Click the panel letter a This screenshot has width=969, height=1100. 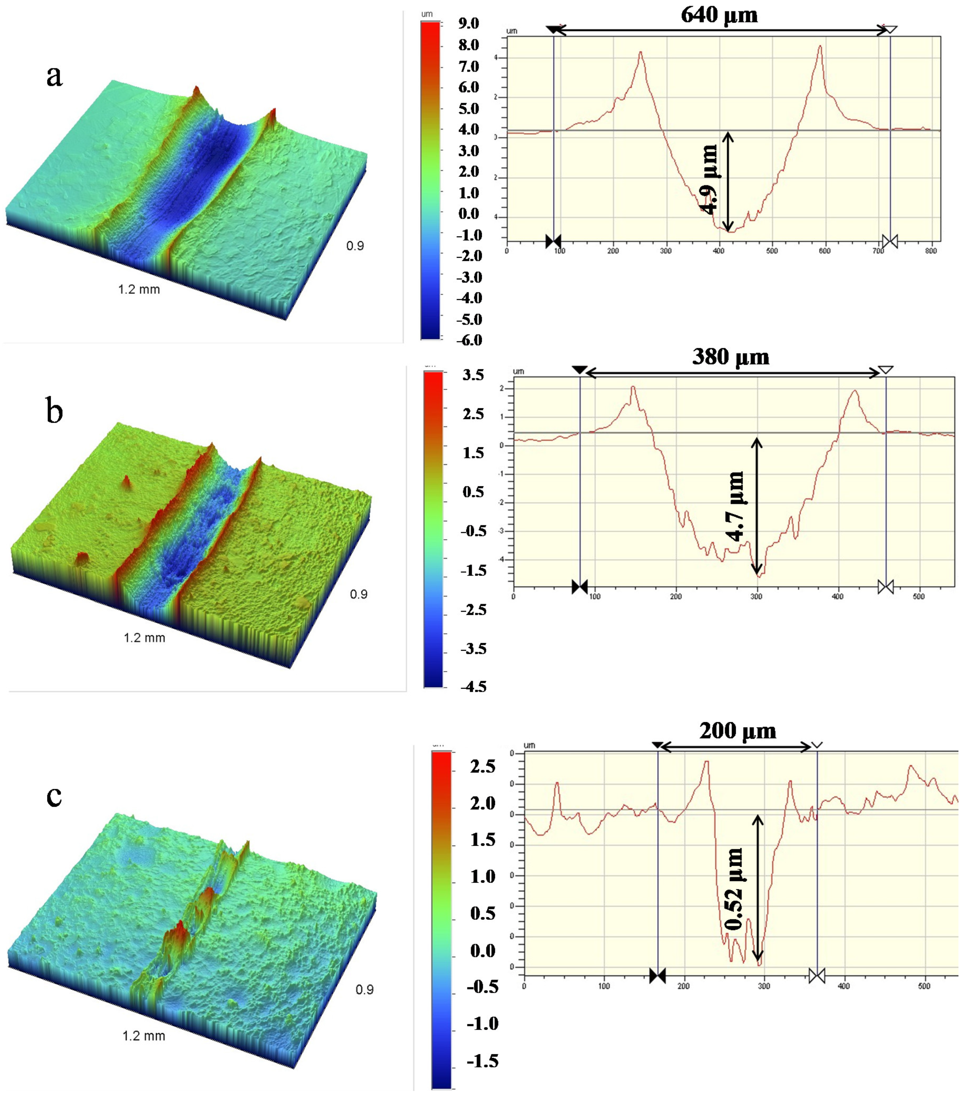(54, 75)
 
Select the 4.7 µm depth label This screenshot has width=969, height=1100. (735, 506)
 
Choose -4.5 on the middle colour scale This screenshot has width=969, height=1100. (474, 687)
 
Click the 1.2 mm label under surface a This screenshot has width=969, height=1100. (139, 290)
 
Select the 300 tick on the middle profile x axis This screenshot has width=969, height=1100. (757, 596)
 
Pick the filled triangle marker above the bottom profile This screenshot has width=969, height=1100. (657, 745)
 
